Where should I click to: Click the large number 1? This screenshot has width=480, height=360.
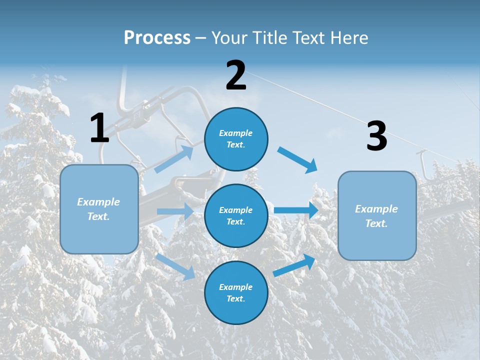[x=99, y=128]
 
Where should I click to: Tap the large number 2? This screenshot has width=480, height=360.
[x=236, y=75]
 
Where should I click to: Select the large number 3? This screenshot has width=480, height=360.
[x=376, y=136]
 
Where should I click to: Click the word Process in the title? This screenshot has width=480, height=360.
[x=157, y=37]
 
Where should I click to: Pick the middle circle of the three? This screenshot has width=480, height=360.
[x=236, y=215]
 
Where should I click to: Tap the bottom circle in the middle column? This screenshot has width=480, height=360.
[x=236, y=292]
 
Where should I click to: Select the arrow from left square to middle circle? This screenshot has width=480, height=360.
[x=175, y=211]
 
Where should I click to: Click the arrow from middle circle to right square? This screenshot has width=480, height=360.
[x=296, y=210]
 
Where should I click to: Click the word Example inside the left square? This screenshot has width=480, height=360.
[x=98, y=202]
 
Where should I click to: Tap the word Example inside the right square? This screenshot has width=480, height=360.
[x=376, y=209]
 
